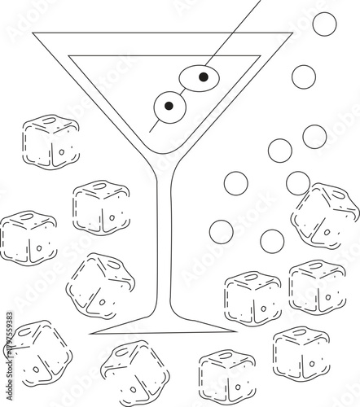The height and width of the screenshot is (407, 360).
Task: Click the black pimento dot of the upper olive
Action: [204, 77]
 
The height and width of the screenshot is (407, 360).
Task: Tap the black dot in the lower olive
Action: [169, 105]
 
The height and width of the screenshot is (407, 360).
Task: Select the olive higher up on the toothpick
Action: [200, 77]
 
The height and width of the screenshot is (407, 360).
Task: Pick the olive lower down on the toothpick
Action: [170, 107]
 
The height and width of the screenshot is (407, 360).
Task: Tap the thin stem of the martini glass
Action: [170, 244]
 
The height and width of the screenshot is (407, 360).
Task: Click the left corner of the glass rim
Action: [33, 33]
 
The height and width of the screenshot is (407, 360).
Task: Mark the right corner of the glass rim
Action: [292, 33]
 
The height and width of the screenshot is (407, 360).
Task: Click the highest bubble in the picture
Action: [324, 24]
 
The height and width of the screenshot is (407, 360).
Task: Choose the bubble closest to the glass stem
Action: [221, 232]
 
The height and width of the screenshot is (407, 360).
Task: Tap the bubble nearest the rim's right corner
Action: [304, 77]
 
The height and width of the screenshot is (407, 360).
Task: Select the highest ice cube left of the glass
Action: [50, 142]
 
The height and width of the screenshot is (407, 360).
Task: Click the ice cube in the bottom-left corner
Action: [38, 354]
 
